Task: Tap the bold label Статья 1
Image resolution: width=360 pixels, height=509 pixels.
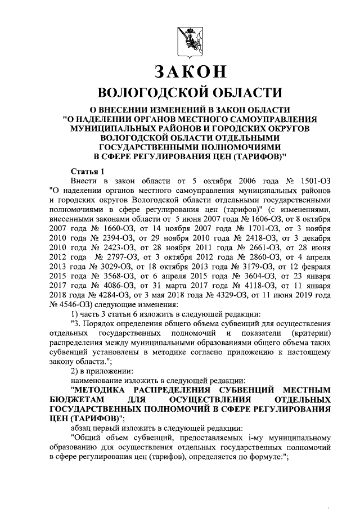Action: coord(88,170)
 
